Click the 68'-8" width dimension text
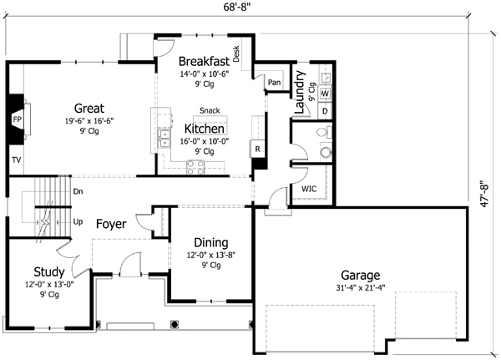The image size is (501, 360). tap(242, 7)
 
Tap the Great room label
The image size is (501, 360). tap(89, 108)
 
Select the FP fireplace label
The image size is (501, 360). tap(16, 120)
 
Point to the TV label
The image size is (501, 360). tap(16, 159)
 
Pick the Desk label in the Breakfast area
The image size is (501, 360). tap(236, 55)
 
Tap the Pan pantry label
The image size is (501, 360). tap(274, 82)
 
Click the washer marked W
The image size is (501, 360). tap(325, 93)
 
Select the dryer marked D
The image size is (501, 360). tap(325, 109)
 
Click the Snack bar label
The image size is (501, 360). tap(210, 110)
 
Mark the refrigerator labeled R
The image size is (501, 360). tap(257, 149)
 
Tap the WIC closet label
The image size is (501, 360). tap(308, 190)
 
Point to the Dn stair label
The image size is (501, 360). tap(78, 191)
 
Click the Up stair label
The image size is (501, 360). tap(78, 222)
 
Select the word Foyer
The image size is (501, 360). tap(111, 224)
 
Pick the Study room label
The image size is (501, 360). tap(49, 271)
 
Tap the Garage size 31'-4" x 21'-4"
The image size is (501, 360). tap(361, 289)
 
